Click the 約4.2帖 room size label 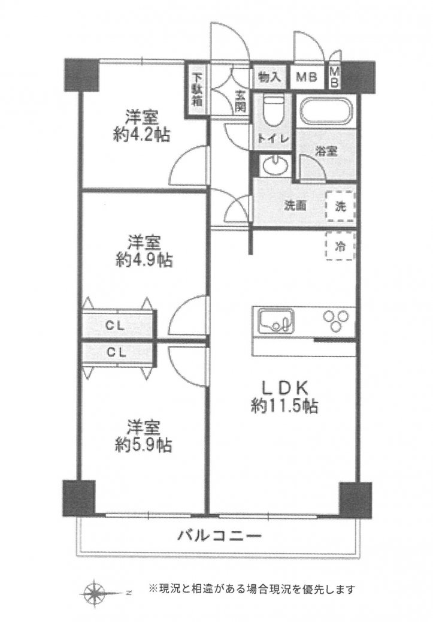(141, 135)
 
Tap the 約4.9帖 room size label (144, 260)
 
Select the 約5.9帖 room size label (144, 445)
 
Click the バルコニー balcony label (219, 536)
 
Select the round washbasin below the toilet (275, 165)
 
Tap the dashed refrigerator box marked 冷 (340, 246)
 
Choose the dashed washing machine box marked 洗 (340, 206)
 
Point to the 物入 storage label (270, 77)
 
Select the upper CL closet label (116, 326)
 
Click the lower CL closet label (116, 352)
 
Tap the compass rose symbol (95, 593)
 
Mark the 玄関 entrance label (240, 101)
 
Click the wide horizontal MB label (307, 77)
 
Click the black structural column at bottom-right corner (355, 499)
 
